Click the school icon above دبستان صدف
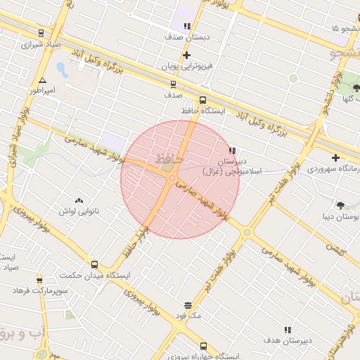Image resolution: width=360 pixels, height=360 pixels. [187, 26]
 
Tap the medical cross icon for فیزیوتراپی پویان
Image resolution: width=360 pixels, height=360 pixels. [186, 55]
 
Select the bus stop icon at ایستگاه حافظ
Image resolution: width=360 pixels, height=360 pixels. [203, 100]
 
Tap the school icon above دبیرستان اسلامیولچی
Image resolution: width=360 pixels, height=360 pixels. [232, 150]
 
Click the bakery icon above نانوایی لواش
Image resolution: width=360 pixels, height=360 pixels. [78, 200]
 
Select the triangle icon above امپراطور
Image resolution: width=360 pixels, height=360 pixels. [43, 81]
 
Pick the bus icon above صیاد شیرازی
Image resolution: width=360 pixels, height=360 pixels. [41, 32]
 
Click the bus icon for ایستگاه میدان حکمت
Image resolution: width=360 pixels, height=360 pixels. [94, 264]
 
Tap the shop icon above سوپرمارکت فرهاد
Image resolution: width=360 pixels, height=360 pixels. [39, 281]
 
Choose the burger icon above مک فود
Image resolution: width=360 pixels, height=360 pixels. [188, 306]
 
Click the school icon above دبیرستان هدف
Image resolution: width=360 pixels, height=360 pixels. [287, 330]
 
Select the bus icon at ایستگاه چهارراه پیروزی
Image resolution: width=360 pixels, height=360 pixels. [203, 346]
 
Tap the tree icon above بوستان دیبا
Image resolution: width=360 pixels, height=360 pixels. [340, 205]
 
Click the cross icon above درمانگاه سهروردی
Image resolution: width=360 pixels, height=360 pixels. [335, 157]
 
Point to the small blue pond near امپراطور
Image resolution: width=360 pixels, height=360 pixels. [61, 70]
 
